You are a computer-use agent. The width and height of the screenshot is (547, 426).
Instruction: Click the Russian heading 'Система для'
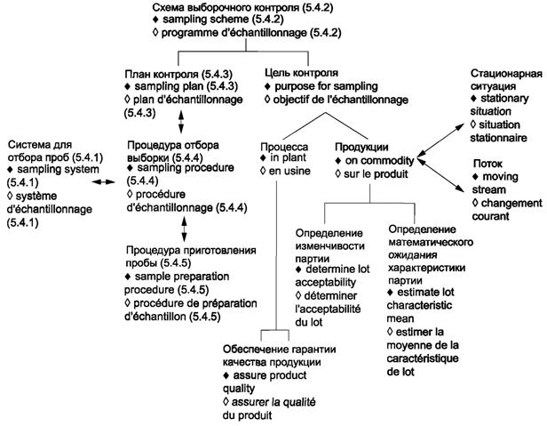39,145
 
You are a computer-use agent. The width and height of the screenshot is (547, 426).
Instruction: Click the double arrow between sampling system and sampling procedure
105,181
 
